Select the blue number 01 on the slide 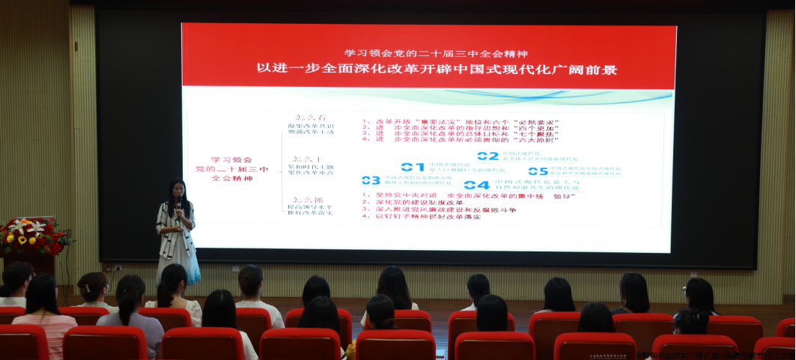click(412, 166)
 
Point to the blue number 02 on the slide click(487, 156)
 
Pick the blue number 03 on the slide click(371, 180)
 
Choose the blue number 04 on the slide click(476, 185)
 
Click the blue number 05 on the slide click(538, 171)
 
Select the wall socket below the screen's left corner click(116, 266)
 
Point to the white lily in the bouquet click(18, 226)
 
